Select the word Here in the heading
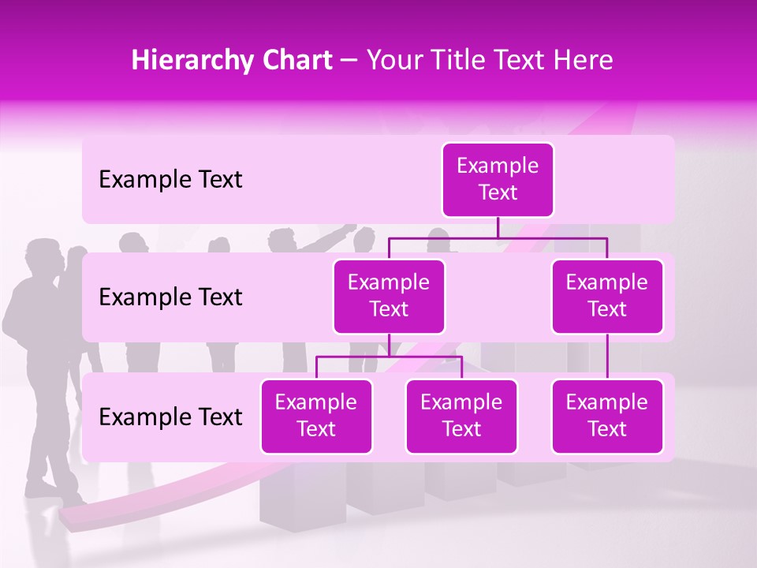click(x=584, y=61)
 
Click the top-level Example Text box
click(x=498, y=180)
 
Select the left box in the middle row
click(x=389, y=296)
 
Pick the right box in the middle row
click(x=607, y=296)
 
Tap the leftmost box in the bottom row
click(x=316, y=416)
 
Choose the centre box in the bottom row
click(x=461, y=416)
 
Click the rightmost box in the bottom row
click(x=607, y=416)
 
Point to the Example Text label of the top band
click(x=170, y=180)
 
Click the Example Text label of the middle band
click(x=170, y=297)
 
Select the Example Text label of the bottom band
click(x=170, y=417)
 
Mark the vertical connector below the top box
click(x=498, y=227)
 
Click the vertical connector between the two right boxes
click(x=607, y=357)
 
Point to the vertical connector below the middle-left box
click(x=389, y=345)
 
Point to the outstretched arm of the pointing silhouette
click(x=335, y=231)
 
